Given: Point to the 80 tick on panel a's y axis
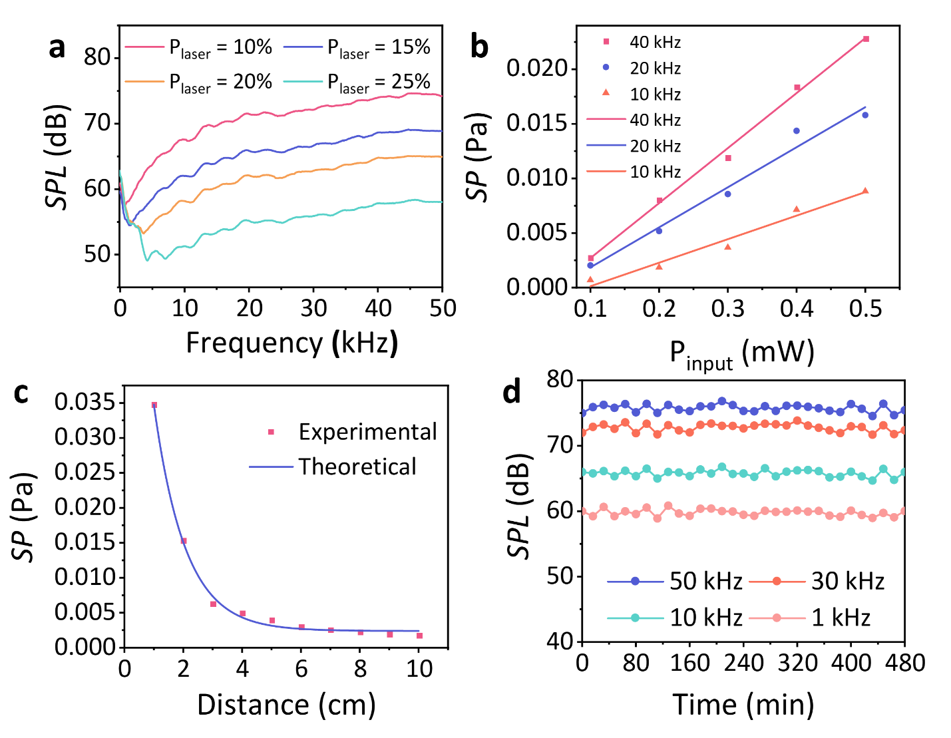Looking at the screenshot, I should coord(97,57).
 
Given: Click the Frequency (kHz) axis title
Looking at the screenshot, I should coord(291,343).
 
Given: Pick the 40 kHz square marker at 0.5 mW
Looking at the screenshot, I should coord(866,39).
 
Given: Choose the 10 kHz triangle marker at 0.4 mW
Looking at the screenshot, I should coord(797,209).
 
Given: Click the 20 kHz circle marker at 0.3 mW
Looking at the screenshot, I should coord(727,194).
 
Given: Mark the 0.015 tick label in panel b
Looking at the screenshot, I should coord(536,124).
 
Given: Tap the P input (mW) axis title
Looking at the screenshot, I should coord(741,353).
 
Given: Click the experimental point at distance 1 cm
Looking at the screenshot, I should coord(154,405).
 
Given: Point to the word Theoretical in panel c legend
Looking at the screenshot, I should coord(357,466).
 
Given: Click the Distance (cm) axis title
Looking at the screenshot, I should coord(286,705).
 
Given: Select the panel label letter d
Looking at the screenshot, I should coord(512,392).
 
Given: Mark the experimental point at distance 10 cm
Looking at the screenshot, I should coord(419,636).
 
